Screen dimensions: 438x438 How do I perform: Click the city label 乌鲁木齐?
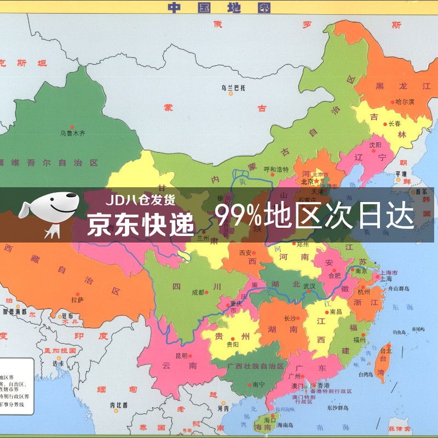(x=73, y=132)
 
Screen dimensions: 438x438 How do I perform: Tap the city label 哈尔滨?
(x=405, y=101)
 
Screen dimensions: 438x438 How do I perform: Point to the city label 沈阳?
(x=376, y=145)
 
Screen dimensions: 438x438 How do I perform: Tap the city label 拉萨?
(x=77, y=299)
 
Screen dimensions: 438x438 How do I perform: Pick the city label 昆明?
(x=181, y=355)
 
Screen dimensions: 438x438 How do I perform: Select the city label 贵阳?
(x=233, y=345)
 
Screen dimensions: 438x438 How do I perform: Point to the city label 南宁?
(x=259, y=385)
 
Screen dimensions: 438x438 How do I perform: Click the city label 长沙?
(x=290, y=318)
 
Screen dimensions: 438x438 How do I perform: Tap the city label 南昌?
(x=336, y=312)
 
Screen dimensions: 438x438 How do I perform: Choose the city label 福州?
(x=359, y=339)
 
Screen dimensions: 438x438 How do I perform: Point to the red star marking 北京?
(x=315, y=181)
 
